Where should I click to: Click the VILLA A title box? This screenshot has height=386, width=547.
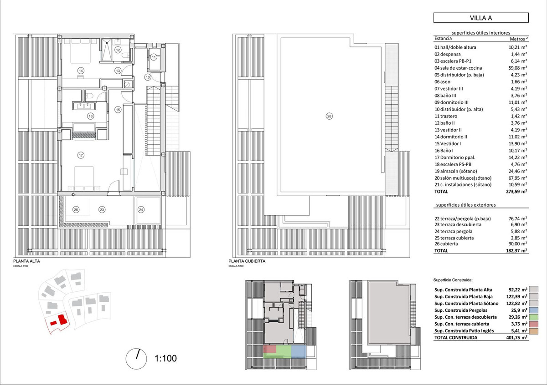(481, 18)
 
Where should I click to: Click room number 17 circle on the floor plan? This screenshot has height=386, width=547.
(81, 156)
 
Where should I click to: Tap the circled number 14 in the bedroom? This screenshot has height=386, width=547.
(81, 71)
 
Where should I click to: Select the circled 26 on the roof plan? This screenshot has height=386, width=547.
(329, 117)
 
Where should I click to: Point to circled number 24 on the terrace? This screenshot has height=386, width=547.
(141, 210)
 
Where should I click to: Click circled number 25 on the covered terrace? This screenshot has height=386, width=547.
(76, 210)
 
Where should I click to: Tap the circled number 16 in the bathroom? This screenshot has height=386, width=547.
(91, 116)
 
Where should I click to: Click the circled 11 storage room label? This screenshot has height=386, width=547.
(154, 57)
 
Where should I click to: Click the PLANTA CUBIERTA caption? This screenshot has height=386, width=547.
(247, 261)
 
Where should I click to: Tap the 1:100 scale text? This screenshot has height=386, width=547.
(166, 358)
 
